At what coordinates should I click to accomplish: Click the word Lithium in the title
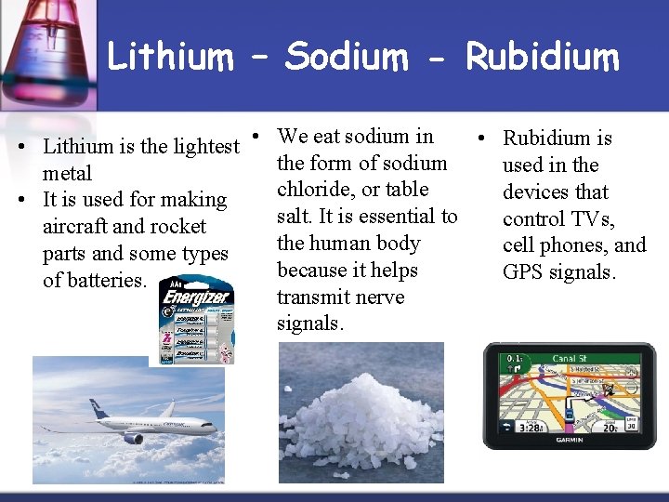pyautogui.click(x=170, y=57)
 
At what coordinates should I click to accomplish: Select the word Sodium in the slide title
pyautogui.click(x=346, y=57)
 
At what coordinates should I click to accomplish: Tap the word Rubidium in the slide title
pyautogui.click(x=542, y=57)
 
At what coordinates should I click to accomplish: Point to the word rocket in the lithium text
pyautogui.click(x=178, y=227)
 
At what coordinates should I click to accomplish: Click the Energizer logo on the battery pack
pyautogui.click(x=196, y=298)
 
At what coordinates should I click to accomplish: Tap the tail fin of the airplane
pyautogui.click(x=98, y=408)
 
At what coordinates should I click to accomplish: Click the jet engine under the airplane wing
pyautogui.click(x=134, y=437)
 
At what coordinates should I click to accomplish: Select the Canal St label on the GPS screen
pyautogui.click(x=569, y=358)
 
